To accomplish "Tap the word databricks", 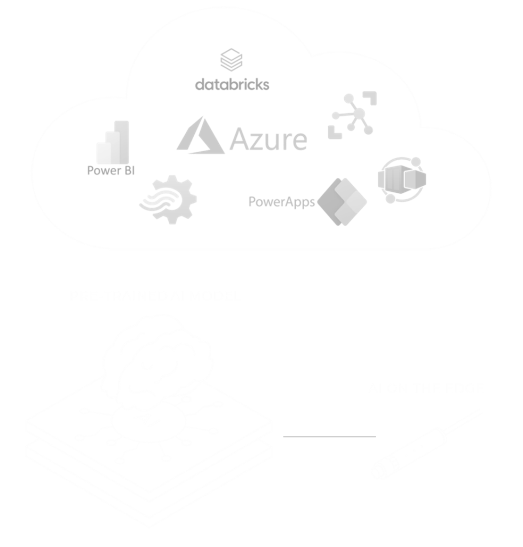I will click(x=232, y=85).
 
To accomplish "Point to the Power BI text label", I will click(x=111, y=171).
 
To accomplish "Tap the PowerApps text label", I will click(x=282, y=202).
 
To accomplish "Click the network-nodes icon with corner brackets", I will click(x=352, y=115).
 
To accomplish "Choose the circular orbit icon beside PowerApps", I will click(x=402, y=179).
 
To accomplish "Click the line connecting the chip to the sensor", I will click(x=329, y=436).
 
